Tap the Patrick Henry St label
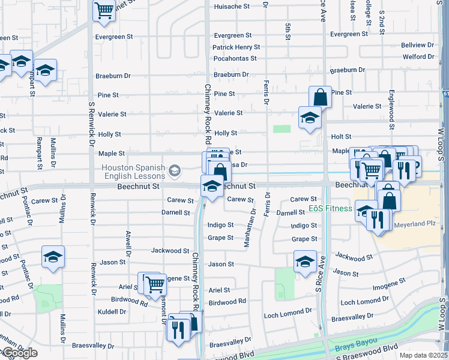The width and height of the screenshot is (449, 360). [x=236, y=47]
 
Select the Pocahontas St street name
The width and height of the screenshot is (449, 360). [x=235, y=59]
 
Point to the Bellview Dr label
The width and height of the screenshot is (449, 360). [x=417, y=45]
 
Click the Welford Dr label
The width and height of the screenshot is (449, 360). [x=418, y=57]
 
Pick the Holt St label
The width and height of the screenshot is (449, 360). [x=341, y=137]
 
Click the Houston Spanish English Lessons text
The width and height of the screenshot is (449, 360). [x=133, y=172]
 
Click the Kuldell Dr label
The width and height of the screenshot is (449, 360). [x=114, y=312]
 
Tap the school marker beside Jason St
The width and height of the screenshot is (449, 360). [x=305, y=261]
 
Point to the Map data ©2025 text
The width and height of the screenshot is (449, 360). [x=423, y=355]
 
